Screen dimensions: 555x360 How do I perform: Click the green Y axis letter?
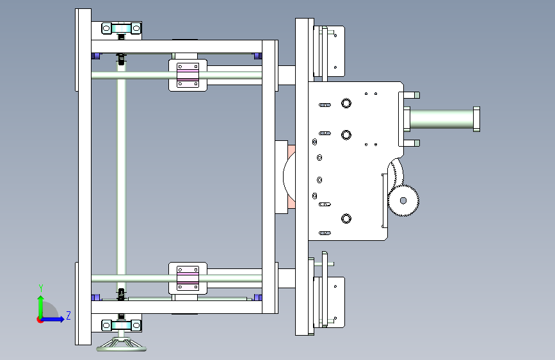coord(40,288)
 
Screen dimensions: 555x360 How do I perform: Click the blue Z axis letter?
coord(68,315)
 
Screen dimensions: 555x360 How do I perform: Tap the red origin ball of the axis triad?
coord(40,319)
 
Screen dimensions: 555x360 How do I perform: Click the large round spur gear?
coord(403,200)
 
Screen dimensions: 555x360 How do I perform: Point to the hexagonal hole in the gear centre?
coord(403,200)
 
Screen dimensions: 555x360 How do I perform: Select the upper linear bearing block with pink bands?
coord(188,75)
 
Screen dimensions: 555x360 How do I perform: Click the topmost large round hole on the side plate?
coord(346,103)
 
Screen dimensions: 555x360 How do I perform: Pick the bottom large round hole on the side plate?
coord(346,218)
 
